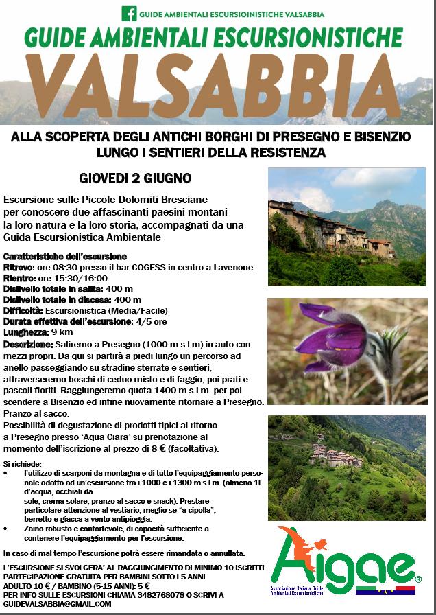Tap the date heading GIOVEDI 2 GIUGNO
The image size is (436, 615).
point(135,179)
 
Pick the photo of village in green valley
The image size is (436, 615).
point(346,458)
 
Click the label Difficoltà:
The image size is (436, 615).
point(25,310)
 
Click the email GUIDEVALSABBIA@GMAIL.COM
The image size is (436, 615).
point(57,603)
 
